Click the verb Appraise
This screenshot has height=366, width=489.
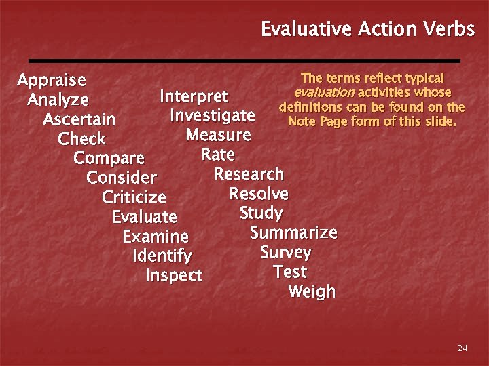coord(52,81)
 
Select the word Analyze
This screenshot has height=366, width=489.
coord(58,100)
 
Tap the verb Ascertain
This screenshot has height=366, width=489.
coord(79,120)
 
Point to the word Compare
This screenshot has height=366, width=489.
coord(109,159)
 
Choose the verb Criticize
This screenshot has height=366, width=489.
coord(134,198)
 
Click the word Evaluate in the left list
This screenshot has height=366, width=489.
coord(144,218)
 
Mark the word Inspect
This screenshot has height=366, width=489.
coord(174,276)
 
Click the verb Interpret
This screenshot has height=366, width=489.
coord(194,96)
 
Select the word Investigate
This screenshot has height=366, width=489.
coord(212,115)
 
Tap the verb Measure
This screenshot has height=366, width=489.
coord(218,135)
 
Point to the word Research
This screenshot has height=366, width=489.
coord(249,174)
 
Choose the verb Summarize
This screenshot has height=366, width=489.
coord(293,233)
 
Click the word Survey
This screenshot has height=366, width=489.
coord(285,253)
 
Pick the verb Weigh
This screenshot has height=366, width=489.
coord(312,292)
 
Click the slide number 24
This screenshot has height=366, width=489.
coord(463,348)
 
